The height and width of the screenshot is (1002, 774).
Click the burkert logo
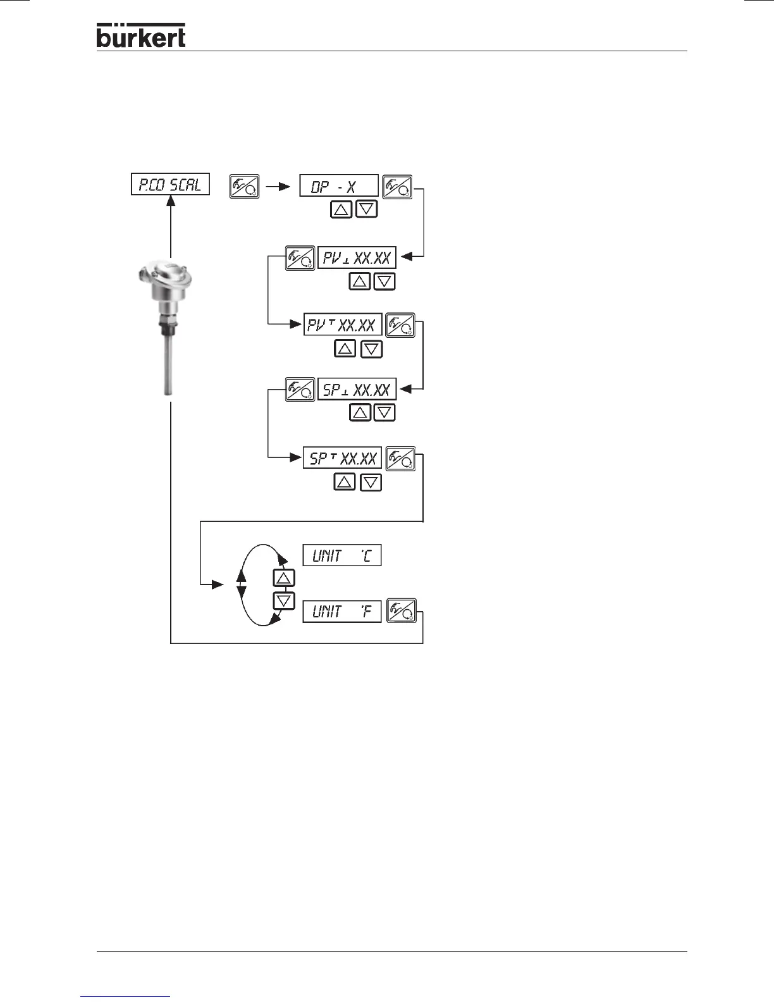tap(141, 35)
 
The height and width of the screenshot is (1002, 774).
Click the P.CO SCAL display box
tap(170, 184)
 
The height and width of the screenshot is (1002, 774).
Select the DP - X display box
tap(338, 185)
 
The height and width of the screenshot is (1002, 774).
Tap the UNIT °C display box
tap(342, 555)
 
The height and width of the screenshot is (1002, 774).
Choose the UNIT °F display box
tap(342, 612)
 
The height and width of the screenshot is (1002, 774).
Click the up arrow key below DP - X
tap(341, 209)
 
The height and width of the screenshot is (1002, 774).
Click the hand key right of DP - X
tap(398, 187)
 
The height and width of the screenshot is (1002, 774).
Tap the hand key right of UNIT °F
tap(402, 610)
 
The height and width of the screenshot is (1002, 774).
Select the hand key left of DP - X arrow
tap(244, 187)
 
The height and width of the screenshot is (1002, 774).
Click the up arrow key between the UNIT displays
tap(284, 578)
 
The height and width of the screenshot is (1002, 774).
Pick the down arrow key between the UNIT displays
tap(284, 600)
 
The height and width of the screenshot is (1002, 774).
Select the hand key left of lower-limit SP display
tap(299, 390)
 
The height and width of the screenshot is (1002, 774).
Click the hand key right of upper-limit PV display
tap(400, 325)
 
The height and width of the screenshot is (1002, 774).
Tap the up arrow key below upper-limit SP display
tap(344, 483)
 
